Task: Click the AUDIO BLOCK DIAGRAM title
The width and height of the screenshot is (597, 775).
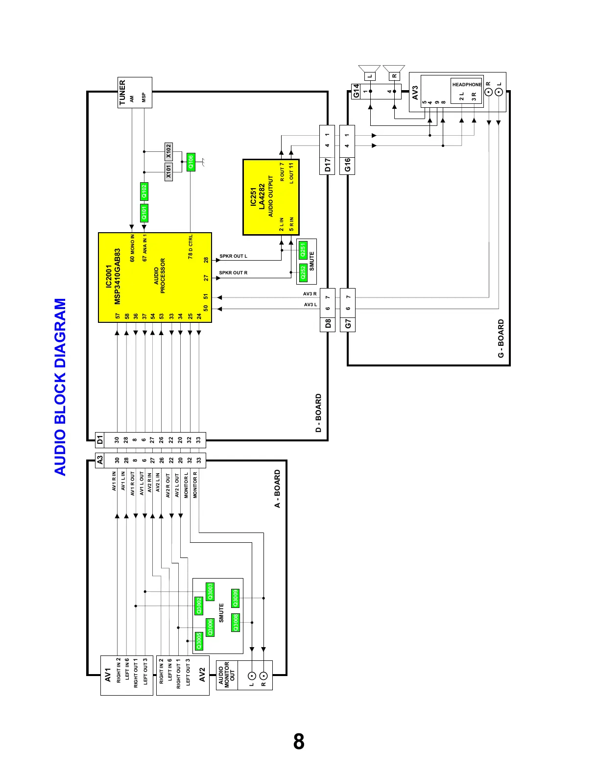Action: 60,387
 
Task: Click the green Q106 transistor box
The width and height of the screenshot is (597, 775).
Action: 191,162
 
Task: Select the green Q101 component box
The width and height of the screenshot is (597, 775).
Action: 144,213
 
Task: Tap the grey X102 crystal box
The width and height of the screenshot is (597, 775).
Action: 168,151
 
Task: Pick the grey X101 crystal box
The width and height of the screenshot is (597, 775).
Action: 168,172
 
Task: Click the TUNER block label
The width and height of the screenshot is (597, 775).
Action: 122,93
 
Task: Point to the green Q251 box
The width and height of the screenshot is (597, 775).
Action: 303,250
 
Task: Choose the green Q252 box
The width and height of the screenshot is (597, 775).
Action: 303,272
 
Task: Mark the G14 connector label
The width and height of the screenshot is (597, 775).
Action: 356,91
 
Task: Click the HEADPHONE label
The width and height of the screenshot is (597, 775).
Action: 467,85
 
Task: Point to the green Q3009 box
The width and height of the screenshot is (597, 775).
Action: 236,598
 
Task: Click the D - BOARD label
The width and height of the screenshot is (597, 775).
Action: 318,413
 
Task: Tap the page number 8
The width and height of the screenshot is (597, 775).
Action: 299,742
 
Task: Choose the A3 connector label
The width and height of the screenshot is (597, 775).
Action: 100,460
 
